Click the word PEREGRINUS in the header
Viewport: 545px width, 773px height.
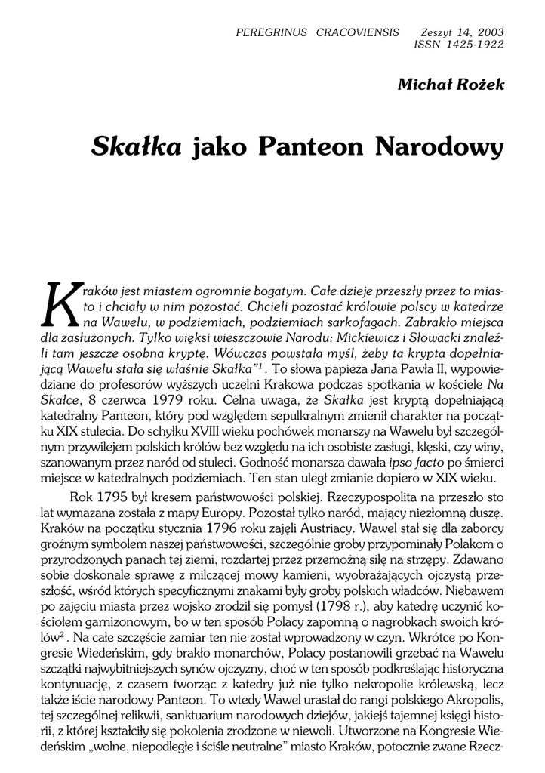(269, 32)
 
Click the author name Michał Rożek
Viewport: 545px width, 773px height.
(451, 85)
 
